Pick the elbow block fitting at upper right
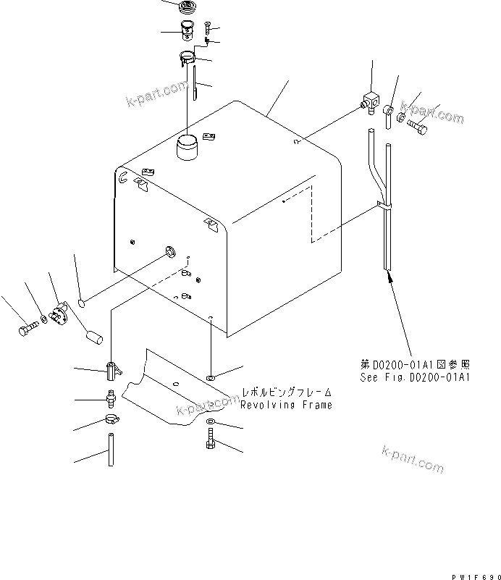tap(372, 102)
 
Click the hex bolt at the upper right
tap(418, 127)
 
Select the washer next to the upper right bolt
tap(402, 117)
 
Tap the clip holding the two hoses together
tap(383, 209)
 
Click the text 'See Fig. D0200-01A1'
tap(416, 377)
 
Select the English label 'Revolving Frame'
tap(287, 405)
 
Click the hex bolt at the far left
tap(27, 329)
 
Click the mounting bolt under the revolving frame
tap(209, 440)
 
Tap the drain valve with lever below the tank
tap(111, 370)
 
